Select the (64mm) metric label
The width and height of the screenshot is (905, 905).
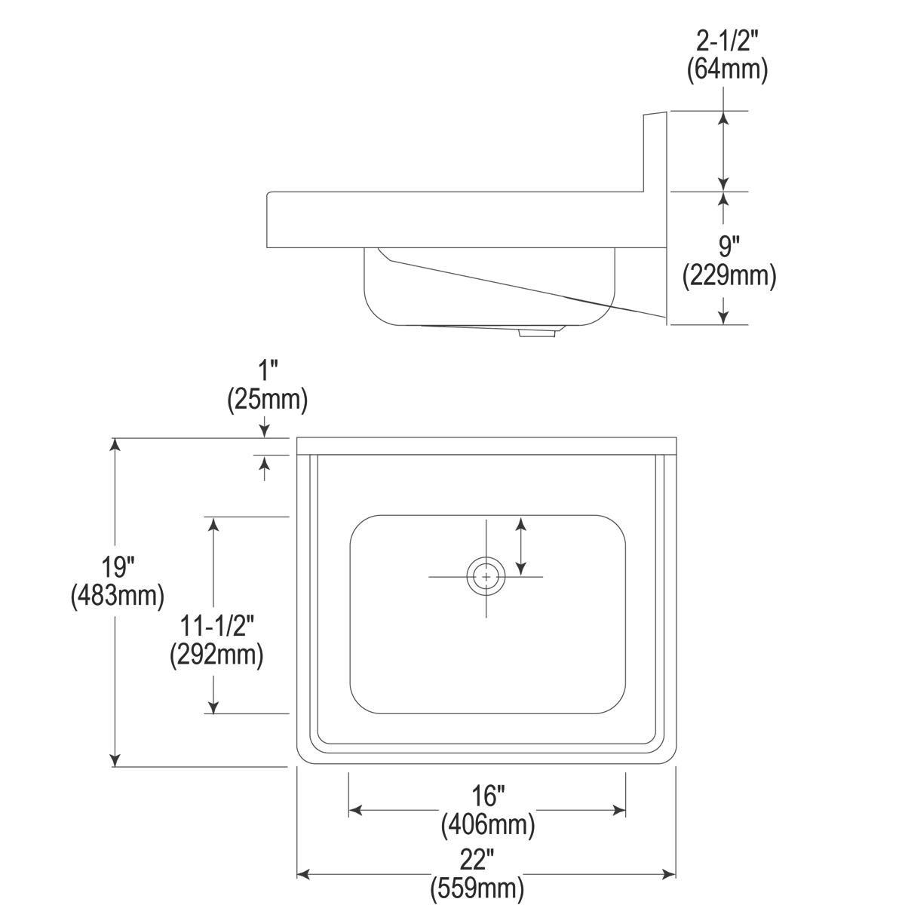tap(727, 70)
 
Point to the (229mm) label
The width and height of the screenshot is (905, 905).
tap(729, 276)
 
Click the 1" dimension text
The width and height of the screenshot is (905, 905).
tap(268, 372)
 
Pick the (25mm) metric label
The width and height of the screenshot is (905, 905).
tap(268, 400)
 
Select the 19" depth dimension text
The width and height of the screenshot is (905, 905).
tap(118, 566)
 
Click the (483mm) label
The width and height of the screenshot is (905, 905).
tap(118, 595)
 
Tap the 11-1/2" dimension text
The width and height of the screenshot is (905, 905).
tap(216, 625)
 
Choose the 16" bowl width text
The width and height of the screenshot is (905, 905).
tap(488, 795)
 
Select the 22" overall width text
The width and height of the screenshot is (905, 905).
tap(477, 858)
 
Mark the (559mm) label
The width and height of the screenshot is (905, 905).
tap(477, 888)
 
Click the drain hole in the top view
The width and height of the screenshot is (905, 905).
tap(486, 577)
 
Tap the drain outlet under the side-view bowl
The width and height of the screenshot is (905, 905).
tap(537, 332)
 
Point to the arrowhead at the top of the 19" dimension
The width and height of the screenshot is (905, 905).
tap(115, 444)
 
